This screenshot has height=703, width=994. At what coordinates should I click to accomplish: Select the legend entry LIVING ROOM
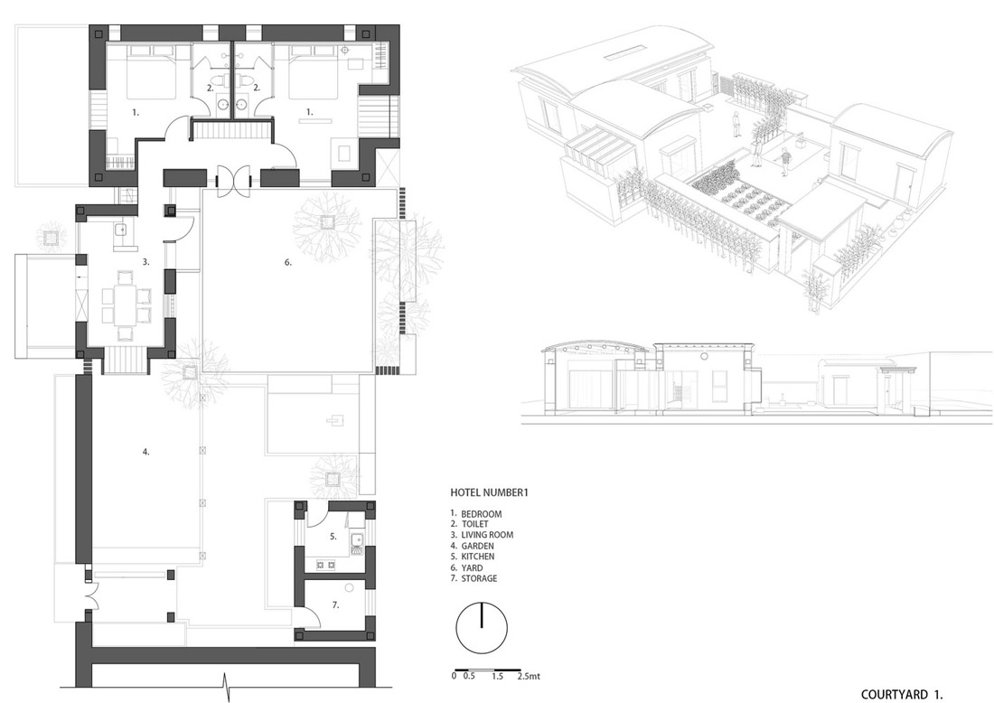tap(487, 534)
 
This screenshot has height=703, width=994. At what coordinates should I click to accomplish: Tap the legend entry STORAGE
tap(479, 578)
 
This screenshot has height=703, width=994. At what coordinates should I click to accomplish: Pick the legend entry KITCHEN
tap(477, 557)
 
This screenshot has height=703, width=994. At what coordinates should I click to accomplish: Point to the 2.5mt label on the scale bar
tap(528, 677)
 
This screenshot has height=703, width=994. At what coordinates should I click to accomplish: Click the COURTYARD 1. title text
tap(902, 694)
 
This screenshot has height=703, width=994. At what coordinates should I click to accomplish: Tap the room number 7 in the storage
tap(335, 605)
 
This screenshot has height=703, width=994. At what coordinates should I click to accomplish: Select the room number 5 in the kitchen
tap(333, 536)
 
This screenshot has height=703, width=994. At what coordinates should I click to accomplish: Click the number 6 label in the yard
tap(287, 262)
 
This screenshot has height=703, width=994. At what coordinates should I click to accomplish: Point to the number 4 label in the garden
tap(145, 452)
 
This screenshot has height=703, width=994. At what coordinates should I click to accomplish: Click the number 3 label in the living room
tap(145, 261)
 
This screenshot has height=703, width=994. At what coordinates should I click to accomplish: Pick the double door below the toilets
tap(235, 180)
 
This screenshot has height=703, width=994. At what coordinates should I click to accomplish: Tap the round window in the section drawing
tap(704, 358)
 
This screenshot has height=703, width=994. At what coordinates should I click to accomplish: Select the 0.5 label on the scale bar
tap(469, 677)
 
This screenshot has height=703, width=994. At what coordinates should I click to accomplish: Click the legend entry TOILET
tap(474, 524)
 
